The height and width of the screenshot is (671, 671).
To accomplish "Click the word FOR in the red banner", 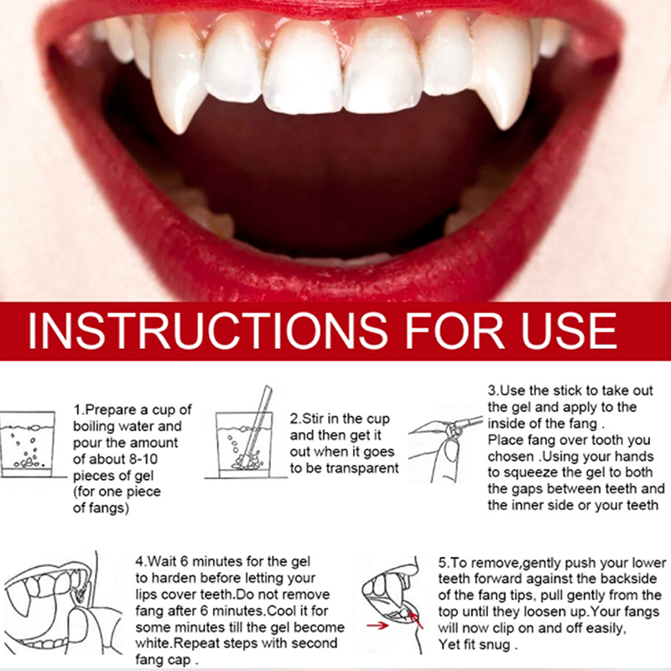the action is (455, 330).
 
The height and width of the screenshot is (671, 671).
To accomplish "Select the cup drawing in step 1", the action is (28, 445).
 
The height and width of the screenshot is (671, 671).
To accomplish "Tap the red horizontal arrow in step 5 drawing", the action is (377, 626).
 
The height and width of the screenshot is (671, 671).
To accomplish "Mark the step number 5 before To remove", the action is (442, 563).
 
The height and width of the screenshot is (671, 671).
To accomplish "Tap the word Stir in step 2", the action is (313, 419).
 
